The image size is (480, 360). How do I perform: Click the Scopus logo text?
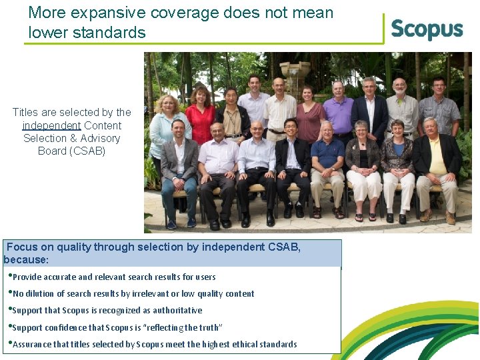(x=427, y=29)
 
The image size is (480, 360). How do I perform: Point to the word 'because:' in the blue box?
(x=26, y=259)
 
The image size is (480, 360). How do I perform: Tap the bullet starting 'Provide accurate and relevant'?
(x=113, y=277)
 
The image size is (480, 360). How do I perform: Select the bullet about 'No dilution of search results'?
(x=133, y=293)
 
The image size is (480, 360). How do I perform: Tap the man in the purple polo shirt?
(x=338, y=110)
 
